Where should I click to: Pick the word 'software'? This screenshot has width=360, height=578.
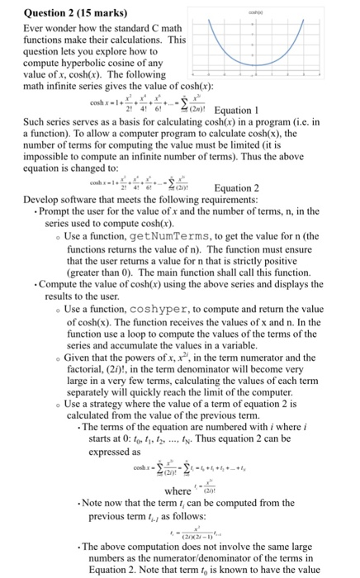pos(86,199)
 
